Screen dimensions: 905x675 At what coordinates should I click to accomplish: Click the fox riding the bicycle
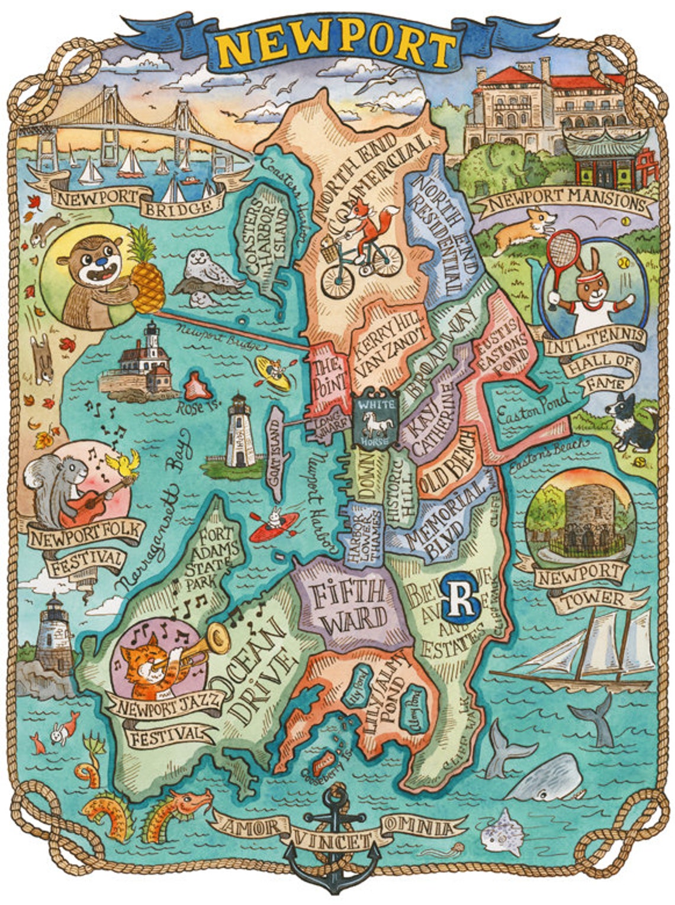click(368, 225)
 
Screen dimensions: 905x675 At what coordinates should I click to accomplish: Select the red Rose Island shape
click(198, 387)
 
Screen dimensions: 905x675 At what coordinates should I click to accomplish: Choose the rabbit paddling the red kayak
click(274, 523)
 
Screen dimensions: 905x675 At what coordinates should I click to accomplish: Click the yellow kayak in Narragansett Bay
click(273, 375)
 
